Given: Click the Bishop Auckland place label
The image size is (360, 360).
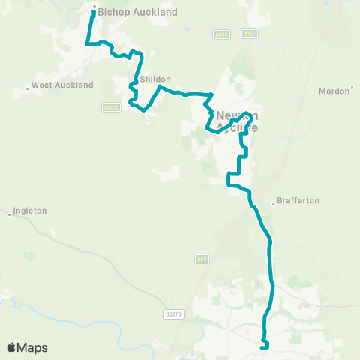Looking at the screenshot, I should coord(137,13).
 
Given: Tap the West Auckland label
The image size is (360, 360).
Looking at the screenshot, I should coord(62,85).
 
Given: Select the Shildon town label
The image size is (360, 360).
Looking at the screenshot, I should coord(154,79).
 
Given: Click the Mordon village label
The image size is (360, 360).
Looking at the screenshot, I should coord(334,91).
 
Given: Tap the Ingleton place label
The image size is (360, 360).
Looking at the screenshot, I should coord(30,211).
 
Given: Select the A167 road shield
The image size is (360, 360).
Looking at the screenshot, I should coord(250,34).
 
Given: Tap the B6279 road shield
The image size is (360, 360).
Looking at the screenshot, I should coord(173,314).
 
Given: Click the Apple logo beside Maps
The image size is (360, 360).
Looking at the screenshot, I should coord(11,347).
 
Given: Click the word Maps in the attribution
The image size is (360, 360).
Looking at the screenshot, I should coord(32,348).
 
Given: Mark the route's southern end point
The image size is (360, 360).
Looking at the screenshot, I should coord(263,346).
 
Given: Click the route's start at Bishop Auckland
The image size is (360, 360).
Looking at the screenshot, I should coord(93,13).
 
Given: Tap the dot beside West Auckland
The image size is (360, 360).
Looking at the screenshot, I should coord(28,89).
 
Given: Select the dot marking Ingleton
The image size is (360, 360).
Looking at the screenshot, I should coord(10,214).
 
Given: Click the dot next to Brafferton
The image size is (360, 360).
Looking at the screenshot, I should coord(271,201).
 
